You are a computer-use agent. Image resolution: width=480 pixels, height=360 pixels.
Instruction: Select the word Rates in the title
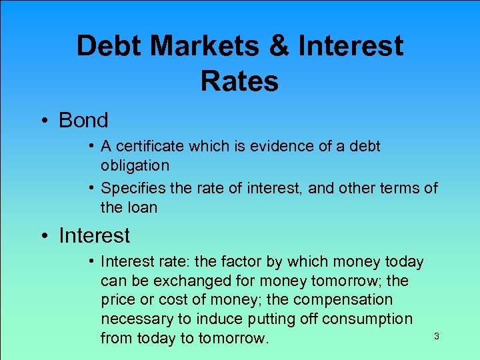coord(239,81)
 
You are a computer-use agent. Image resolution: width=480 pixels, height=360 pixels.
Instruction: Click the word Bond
coord(83,121)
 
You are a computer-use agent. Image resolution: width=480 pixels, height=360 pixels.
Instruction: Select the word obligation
coord(135,165)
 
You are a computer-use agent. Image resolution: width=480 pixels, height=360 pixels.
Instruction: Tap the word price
coord(118,300)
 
